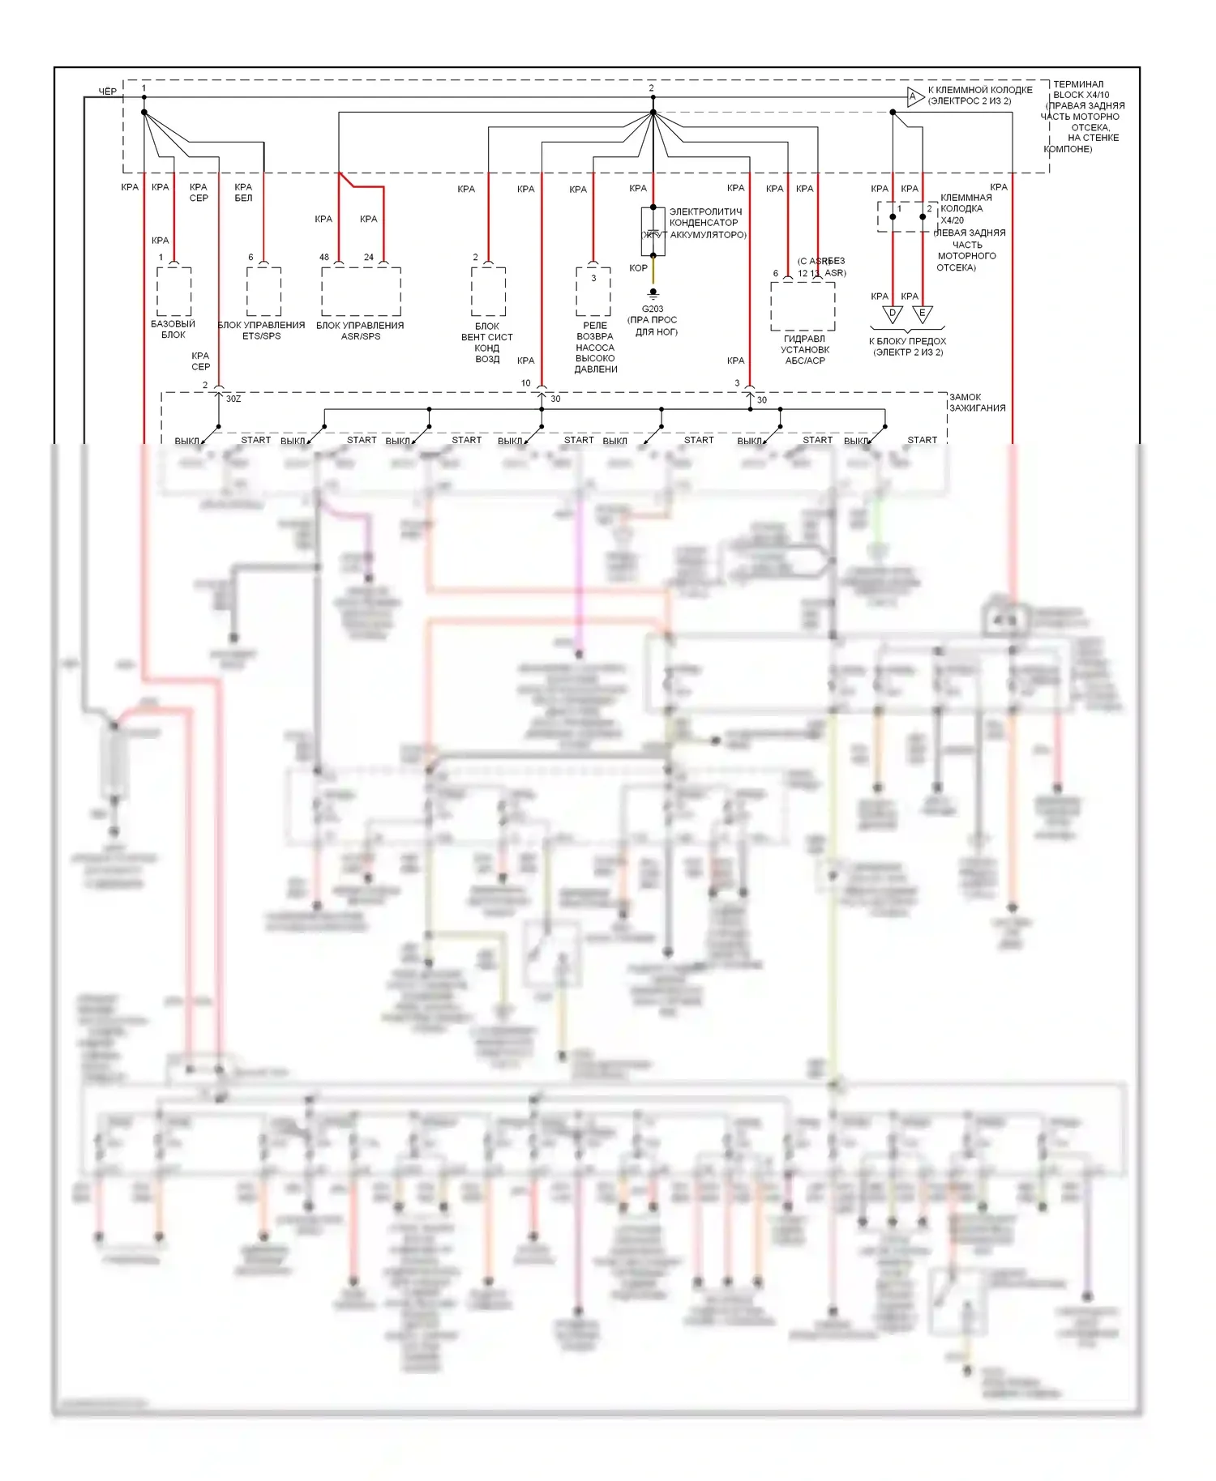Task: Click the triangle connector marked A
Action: [914, 97]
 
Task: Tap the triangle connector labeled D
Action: [893, 314]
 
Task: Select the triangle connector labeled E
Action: [922, 314]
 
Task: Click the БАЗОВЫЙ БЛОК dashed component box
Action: [173, 292]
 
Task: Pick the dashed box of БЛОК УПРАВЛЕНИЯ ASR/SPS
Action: [361, 292]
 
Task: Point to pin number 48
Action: [324, 258]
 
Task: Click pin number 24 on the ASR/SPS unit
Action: [369, 258]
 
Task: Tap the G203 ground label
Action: [653, 309]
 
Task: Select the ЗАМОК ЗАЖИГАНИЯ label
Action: [977, 403]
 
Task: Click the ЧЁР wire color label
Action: [107, 92]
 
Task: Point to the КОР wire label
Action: [638, 268]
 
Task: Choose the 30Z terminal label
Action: [233, 399]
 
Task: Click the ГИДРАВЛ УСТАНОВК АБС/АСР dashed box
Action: [803, 306]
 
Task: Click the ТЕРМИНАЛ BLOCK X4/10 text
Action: [1080, 89]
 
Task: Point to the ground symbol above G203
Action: [653, 294]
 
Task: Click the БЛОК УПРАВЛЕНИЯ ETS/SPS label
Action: [261, 331]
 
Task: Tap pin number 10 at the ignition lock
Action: [526, 383]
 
